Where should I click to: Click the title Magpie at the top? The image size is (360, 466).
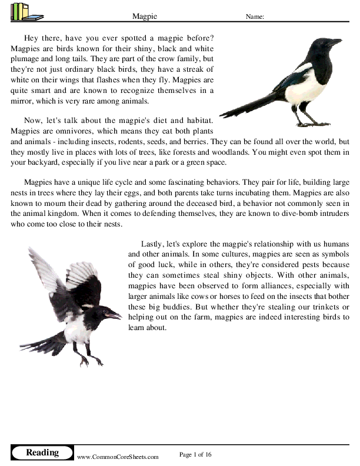coord(144,17)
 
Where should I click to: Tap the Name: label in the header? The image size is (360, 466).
coord(255,17)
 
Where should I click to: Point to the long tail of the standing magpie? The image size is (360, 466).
coord(247,106)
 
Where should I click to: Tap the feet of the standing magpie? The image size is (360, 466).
coord(311,123)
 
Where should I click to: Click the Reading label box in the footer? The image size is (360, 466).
coord(42,452)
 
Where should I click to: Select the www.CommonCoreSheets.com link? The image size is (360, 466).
coord(118,457)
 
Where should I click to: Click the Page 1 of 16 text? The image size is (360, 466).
coord(195,454)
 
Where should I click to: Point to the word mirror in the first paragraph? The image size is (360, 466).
coord(22,101)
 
